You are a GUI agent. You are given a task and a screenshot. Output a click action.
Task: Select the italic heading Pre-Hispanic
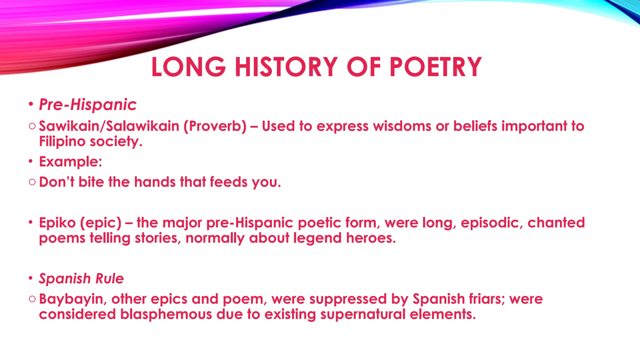click(x=88, y=104)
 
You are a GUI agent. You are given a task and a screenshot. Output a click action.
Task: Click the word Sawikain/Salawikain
click(x=109, y=126)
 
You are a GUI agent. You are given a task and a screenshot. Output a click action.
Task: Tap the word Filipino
click(x=62, y=141)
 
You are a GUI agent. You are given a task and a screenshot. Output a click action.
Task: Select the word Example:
click(x=71, y=162)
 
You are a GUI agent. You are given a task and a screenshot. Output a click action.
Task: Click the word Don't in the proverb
click(x=57, y=182)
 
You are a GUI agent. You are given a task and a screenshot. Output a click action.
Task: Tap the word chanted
click(x=556, y=223)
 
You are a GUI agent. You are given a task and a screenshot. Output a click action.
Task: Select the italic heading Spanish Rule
click(x=81, y=278)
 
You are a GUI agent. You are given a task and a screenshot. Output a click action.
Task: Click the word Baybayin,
click(x=73, y=299)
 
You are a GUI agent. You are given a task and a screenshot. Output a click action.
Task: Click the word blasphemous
click(x=166, y=314)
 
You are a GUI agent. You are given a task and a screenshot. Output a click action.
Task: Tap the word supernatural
click(x=362, y=314)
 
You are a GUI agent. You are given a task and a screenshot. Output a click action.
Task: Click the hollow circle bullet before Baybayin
click(x=32, y=299)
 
